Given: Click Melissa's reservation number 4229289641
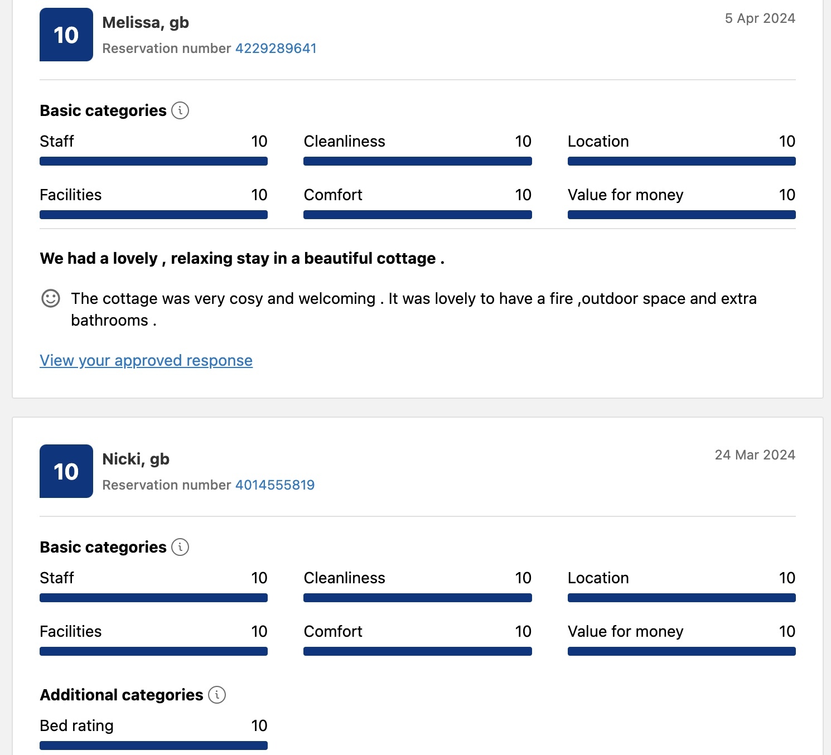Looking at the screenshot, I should pos(276,49).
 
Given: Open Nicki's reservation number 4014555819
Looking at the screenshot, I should pos(275,485).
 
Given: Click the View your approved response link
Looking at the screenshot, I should pos(146,361).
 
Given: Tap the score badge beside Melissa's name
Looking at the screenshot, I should pos(66,35).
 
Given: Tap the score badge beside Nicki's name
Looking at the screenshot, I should pos(66,471).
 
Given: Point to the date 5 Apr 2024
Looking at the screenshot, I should pos(760,18).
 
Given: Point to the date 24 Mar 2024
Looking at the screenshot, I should pos(755,455).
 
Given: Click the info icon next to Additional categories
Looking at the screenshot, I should pos(217,695).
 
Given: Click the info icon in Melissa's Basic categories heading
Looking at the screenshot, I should pos(180,110).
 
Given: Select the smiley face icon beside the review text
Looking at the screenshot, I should pos(51,298).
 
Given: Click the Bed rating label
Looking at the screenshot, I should pos(77,725).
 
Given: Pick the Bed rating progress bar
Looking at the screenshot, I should pos(153,746).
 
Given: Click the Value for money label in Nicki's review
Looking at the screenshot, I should pos(625,631).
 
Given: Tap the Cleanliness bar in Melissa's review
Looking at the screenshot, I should pos(417,161).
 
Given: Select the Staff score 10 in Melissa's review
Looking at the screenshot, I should pos(259,142).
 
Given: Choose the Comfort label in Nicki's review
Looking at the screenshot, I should pos(333,631).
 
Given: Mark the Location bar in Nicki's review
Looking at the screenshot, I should pos(681,598).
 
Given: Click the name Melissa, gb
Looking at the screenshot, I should pos(146,23).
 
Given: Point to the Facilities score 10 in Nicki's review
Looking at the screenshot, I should pos(259,631).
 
